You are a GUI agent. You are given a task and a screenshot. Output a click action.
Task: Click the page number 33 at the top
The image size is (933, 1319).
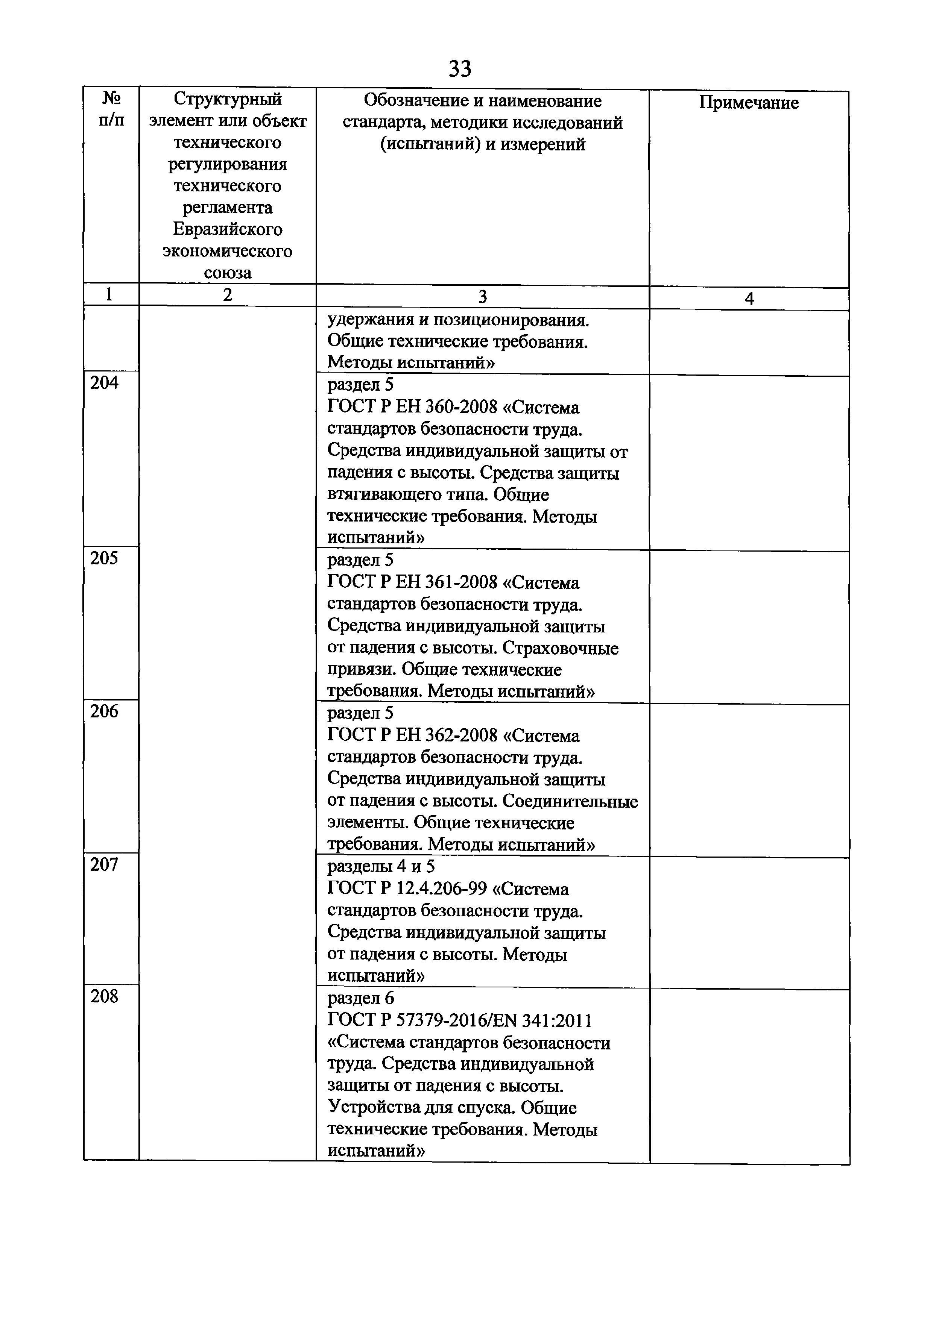459,68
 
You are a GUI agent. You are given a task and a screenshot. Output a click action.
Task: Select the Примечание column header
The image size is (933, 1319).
749,103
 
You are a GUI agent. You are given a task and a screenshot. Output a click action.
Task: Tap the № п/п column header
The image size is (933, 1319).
111,109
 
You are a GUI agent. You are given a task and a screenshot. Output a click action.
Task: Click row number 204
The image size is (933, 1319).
104,383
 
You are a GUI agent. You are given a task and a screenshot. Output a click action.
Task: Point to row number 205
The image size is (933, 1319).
104,558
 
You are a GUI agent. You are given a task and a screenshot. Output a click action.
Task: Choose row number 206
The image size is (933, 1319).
104,711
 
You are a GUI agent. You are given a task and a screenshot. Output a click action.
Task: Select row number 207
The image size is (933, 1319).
104,864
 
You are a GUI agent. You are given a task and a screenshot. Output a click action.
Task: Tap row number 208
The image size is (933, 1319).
104,996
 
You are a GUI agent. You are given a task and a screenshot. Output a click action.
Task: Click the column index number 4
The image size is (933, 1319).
749,299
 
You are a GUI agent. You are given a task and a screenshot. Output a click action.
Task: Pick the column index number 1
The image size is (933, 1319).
109,295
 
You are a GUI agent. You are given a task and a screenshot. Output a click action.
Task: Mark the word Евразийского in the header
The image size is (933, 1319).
228,229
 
